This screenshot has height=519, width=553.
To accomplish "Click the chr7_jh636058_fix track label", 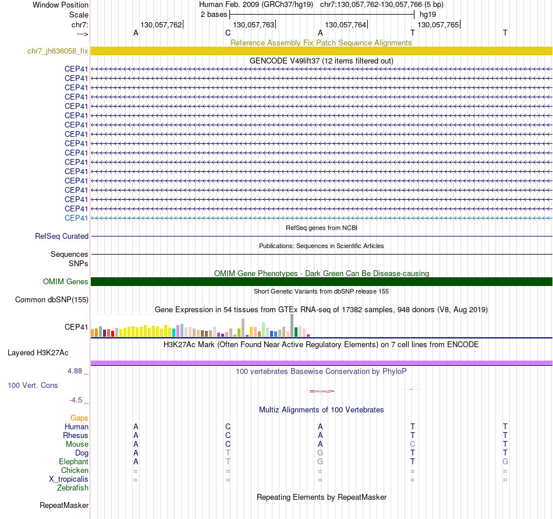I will click(58, 51).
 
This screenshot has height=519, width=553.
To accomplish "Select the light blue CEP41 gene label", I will click(76, 218).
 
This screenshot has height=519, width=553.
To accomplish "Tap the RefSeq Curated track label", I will click(62, 236).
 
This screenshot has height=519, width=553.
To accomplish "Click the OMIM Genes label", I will click(65, 282).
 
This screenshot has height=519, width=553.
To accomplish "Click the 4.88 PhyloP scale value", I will click(77, 370).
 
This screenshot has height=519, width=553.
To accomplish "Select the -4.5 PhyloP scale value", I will click(78, 400).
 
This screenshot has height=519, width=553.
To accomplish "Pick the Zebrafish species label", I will click(73, 488).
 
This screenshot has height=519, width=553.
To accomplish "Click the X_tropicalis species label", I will click(69, 479).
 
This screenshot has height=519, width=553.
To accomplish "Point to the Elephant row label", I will click(73, 462).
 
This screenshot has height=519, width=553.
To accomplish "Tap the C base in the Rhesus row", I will click(228, 436).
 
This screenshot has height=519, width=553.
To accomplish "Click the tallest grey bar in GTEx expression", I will click(292, 325).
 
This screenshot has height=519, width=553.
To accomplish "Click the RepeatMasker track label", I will click(64, 505).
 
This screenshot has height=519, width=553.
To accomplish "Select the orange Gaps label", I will click(79, 418).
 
